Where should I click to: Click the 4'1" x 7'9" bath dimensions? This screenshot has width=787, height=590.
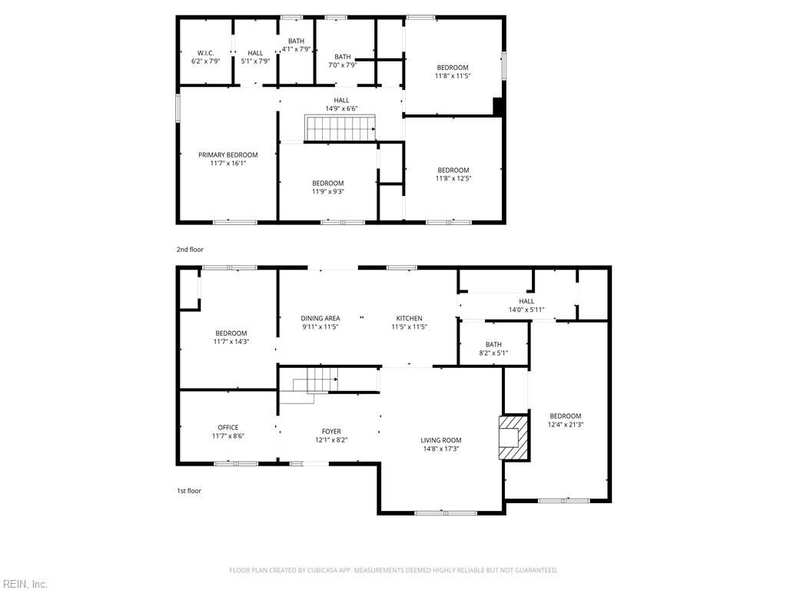coord(296,49)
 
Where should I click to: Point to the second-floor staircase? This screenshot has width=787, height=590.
coord(340,128)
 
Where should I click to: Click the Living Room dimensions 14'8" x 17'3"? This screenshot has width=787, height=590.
coord(440,449)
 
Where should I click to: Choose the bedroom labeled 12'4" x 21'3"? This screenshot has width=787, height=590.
coord(565,420)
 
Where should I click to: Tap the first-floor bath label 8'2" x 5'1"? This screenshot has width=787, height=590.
coord(493,349)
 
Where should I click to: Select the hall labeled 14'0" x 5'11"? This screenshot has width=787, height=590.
coord(526,306)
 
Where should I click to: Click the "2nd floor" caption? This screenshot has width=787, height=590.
coord(190,250)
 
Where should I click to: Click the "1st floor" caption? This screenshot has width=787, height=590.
coord(188,491)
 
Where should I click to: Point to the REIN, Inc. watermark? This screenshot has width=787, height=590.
coord(25,585)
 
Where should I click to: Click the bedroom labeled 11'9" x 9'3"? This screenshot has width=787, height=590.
coord(327,187)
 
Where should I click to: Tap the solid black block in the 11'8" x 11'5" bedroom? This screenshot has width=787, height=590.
coord(499,108)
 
